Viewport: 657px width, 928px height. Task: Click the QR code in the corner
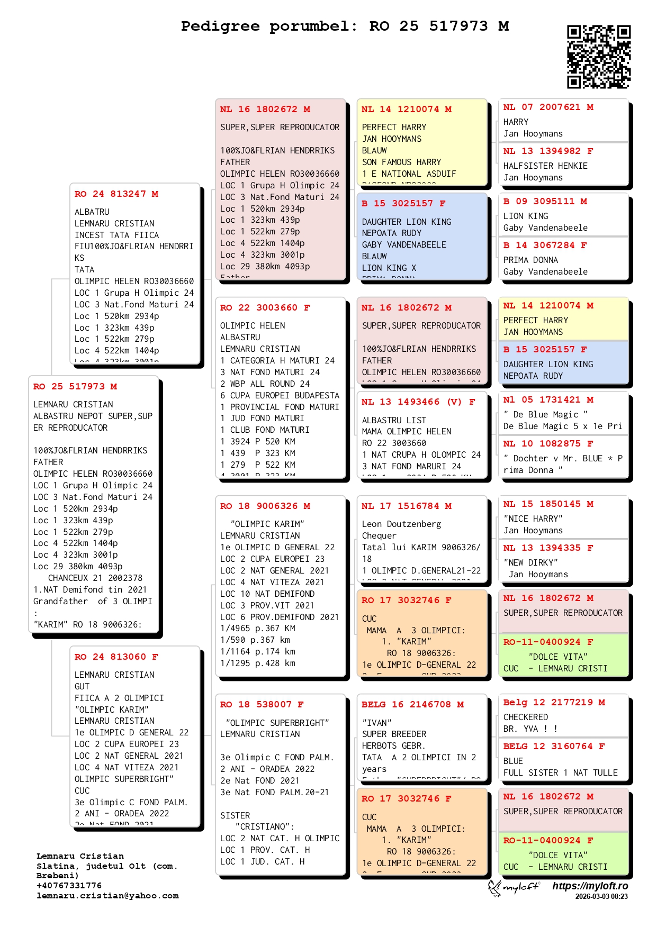pos(598,56)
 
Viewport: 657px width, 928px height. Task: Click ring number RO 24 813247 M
pos(116,194)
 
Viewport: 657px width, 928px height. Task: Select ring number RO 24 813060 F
pos(116,657)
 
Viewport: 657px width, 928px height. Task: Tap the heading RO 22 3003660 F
pos(265,308)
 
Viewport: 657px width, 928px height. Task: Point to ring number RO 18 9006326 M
pos(265,506)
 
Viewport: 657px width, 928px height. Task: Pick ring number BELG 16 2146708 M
pos(412,705)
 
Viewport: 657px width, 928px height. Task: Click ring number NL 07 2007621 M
pos(548,107)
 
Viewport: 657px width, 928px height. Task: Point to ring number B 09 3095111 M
pos(545,202)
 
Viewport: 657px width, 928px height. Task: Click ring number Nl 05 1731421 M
pos(548,400)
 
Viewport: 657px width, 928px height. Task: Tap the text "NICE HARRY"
pos(533,519)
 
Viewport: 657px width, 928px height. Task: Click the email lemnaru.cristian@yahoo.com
pos(107,896)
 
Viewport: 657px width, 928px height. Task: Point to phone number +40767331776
pos(69,886)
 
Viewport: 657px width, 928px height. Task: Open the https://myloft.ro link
pos(590,886)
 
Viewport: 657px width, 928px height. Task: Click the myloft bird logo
pos(496,888)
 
